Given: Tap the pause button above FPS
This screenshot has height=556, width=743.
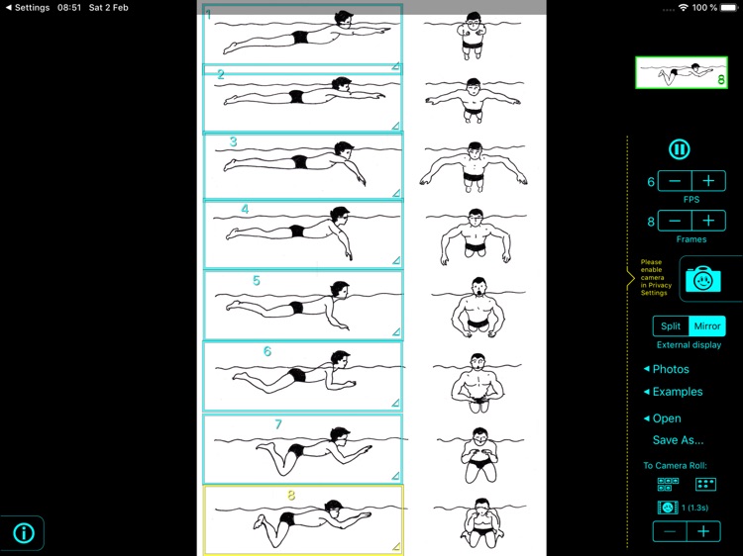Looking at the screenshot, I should [x=679, y=149].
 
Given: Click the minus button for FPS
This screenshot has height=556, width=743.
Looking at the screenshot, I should [x=675, y=181].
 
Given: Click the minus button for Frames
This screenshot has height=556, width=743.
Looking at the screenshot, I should [x=675, y=221].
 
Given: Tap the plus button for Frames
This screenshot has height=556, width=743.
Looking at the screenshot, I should [x=708, y=221].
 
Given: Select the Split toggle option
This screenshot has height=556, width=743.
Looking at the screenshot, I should [x=671, y=325].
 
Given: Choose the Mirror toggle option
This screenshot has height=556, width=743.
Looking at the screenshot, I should [x=707, y=325].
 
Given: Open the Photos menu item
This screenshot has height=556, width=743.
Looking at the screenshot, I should [x=670, y=369].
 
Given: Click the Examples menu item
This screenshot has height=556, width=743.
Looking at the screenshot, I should [x=677, y=392].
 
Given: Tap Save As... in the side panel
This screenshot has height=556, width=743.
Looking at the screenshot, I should [x=678, y=440].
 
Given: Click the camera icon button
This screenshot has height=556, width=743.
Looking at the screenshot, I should [x=702, y=279].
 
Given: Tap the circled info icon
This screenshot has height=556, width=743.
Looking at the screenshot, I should [x=24, y=533].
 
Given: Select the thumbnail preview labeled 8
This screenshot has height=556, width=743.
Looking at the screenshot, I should [x=682, y=72].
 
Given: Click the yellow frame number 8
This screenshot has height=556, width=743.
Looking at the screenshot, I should [x=291, y=495].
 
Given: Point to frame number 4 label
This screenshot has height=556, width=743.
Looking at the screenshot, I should [x=245, y=209].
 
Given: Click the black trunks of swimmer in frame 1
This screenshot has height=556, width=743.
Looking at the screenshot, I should [x=300, y=38].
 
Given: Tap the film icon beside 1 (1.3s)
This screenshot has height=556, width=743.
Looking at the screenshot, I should [x=668, y=507].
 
